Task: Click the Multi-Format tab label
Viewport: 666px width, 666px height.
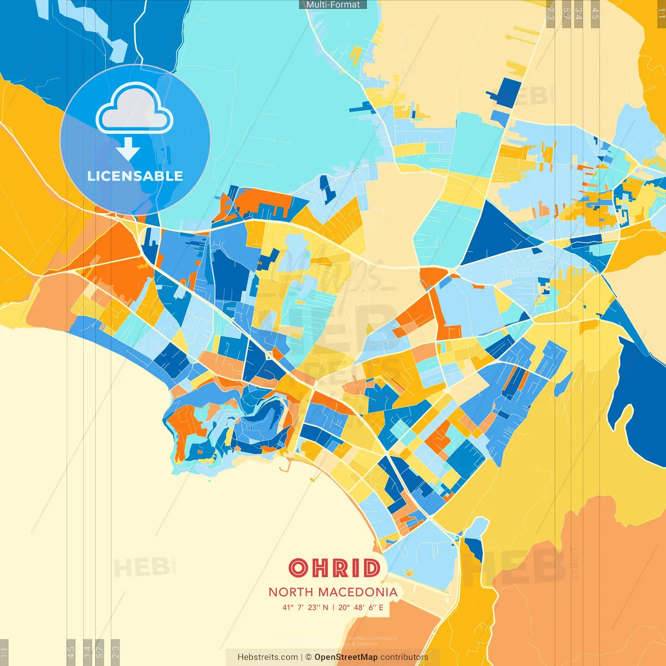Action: (333, 5)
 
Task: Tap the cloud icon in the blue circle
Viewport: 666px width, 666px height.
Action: (134, 109)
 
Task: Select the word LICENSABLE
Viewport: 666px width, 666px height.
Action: (135, 176)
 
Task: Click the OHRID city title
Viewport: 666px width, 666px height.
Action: (334, 568)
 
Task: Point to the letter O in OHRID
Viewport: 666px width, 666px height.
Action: (299, 568)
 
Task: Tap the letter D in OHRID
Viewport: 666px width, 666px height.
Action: (372, 568)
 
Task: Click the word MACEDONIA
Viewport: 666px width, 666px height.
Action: (357, 592)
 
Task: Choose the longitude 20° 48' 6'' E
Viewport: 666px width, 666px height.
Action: (361, 607)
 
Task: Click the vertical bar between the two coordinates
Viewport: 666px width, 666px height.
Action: (333, 607)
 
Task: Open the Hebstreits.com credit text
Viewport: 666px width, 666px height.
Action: (267, 657)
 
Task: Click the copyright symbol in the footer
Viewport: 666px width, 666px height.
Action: (309, 657)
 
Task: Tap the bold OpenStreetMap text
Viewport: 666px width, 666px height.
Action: (346, 657)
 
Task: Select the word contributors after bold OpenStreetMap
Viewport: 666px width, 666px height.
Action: (404, 657)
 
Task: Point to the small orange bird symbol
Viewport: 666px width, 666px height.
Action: (409, 573)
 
